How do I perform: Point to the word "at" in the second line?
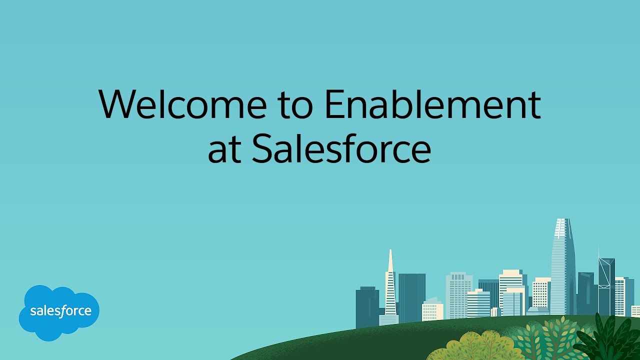[224, 150]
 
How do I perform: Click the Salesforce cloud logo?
[59, 312]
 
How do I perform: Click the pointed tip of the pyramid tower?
[390, 251]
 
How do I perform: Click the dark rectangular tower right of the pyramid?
[411, 295]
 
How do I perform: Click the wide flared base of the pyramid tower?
[388, 319]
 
